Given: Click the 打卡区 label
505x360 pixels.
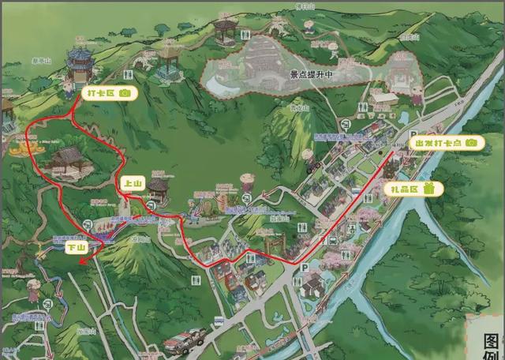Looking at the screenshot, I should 99,93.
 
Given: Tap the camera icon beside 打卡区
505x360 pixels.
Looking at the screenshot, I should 126,93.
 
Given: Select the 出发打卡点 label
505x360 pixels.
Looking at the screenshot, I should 436,143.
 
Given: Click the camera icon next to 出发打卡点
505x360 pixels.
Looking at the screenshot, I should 471,143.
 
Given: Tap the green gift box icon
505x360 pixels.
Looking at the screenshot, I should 429,188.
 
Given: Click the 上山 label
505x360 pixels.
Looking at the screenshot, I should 130,183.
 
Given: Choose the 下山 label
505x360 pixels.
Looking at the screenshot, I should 75,247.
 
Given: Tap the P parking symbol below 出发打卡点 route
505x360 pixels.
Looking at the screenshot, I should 305,268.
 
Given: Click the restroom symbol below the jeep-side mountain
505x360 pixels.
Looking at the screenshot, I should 195,281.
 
